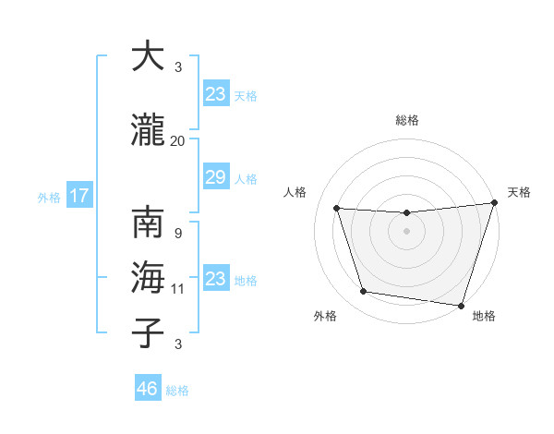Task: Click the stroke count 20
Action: coord(177,141)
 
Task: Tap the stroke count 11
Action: coord(177,289)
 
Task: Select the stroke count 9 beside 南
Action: coord(177,233)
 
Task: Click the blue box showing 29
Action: coord(215,177)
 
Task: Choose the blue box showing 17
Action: coord(78,196)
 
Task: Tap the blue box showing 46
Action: coord(148,389)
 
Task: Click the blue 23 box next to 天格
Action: coord(215,93)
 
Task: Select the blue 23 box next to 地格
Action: coord(215,279)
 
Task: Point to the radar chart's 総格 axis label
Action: coord(406,120)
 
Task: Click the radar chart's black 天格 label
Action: coord(519,192)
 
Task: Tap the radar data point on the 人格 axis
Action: coord(337,209)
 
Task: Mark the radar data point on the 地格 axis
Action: coord(462,305)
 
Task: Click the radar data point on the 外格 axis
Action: coord(364,292)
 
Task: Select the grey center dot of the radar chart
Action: coord(406,231)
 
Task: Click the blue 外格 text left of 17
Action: coord(49,197)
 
